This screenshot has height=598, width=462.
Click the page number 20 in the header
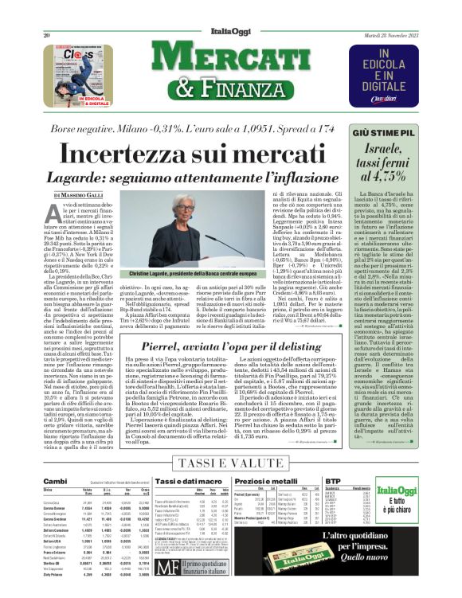[25, 12]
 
